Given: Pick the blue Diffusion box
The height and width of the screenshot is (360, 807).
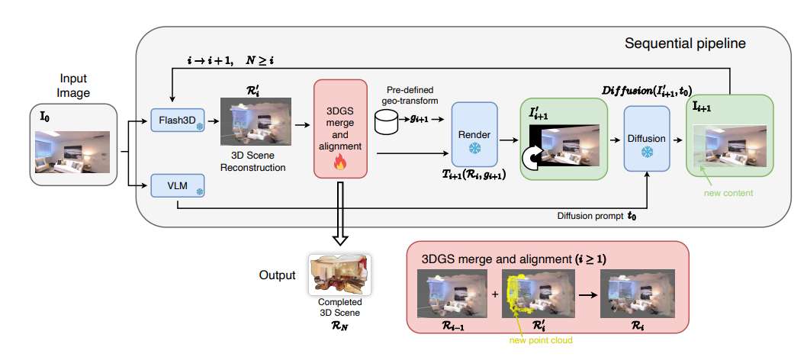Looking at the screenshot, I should tap(646, 140).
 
